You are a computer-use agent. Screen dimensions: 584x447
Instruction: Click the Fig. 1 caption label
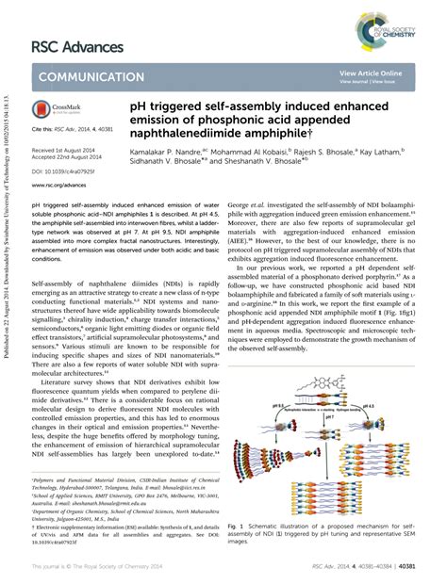coord(236,520)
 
